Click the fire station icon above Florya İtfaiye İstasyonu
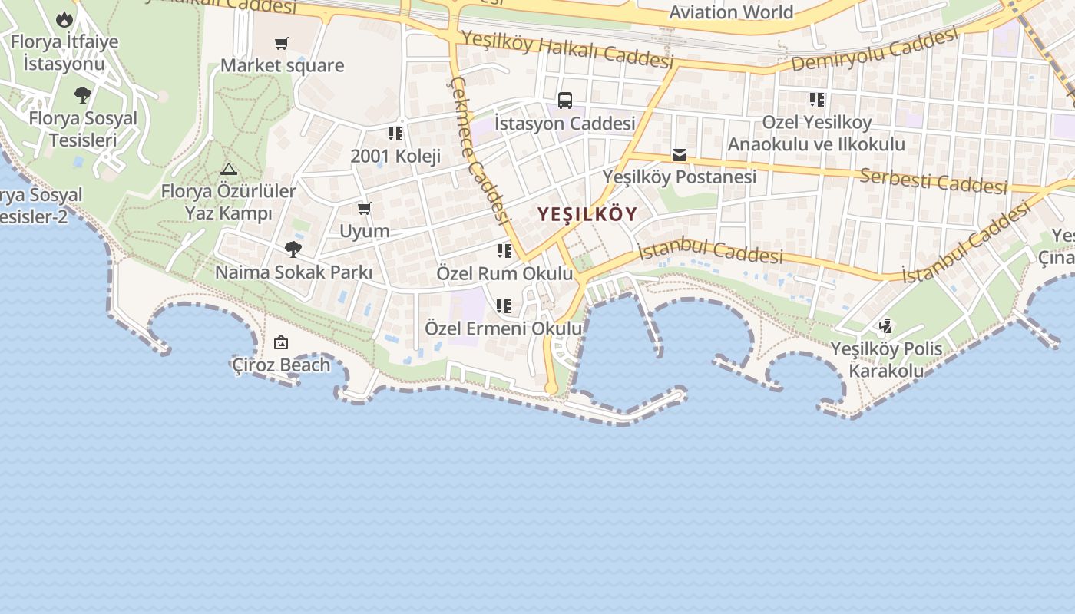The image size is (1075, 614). pos(64,18)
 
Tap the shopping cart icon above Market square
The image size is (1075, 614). pos(282,43)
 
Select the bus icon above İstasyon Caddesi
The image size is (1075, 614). pos(564,100)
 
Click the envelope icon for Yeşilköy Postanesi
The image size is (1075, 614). pos(680,155)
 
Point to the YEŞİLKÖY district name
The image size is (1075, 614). pos(587,214)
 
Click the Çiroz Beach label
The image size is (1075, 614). pos(281,365)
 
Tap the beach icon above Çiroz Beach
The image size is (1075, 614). pos(281,343)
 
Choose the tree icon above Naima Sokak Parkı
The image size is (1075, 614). pos(293,249)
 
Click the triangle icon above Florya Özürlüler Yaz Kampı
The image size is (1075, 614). pos(229,169)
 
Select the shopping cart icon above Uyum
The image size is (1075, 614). pos(365,208)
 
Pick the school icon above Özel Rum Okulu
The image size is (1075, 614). pos(504,251)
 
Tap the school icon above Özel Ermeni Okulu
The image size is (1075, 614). pos(504,306)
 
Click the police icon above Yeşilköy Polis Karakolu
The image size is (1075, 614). pos(886,326)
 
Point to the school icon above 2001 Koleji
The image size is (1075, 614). pos(395,134)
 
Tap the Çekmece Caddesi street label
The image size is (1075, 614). pos(481,150)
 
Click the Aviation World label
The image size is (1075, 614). pos(731,12)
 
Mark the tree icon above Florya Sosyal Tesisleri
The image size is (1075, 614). pos(83,95)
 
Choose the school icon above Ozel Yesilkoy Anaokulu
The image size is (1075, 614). pos(817,100)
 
